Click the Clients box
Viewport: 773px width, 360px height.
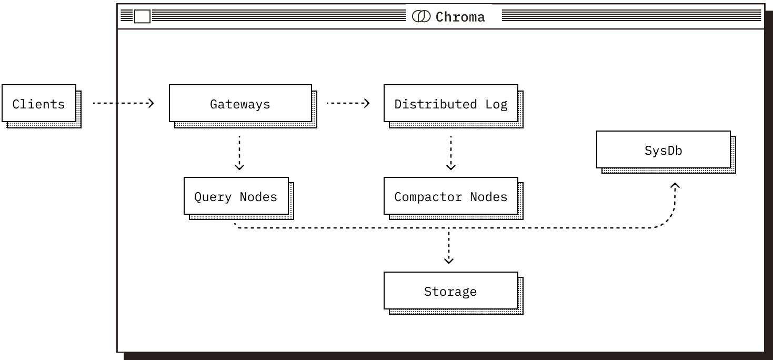coord(38,104)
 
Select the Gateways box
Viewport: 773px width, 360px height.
coord(240,104)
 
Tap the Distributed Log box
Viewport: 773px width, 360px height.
coord(450,104)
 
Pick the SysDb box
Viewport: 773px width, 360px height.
coord(663,150)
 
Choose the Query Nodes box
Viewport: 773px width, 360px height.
coord(236,196)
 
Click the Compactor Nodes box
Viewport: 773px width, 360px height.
coord(450,196)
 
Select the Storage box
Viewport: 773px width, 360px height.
coord(450,291)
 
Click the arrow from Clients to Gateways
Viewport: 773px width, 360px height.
coord(135,103)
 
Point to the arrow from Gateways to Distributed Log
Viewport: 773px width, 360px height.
coord(348,103)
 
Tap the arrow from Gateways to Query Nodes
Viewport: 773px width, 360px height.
coord(239,153)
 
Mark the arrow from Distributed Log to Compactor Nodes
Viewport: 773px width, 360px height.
coord(450,153)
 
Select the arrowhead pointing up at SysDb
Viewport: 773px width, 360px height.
coord(675,186)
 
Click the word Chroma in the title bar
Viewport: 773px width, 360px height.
coord(460,17)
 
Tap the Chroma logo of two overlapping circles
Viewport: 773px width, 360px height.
coord(421,17)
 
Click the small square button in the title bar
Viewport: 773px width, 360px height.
coord(142,17)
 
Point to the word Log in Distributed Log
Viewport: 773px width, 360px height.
coord(496,104)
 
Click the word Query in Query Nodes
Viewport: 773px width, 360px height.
coord(213,197)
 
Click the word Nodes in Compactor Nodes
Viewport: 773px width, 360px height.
coord(488,197)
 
